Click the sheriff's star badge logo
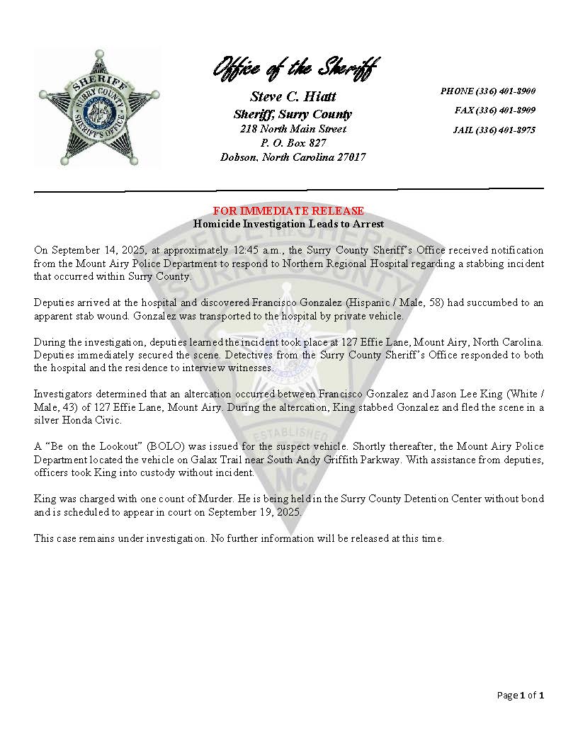pyautogui.click(x=99, y=108)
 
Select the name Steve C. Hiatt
pyautogui.click(x=293, y=97)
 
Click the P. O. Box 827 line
pyautogui.click(x=293, y=143)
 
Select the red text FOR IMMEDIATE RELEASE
pyautogui.click(x=289, y=211)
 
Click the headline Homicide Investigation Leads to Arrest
pyautogui.click(x=289, y=224)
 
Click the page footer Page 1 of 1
pyautogui.click(x=521, y=696)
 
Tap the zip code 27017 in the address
pyautogui.click(x=351, y=157)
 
